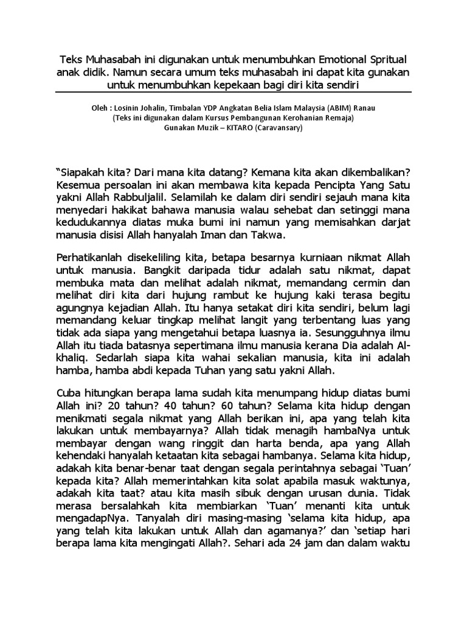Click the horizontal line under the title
(x=233, y=93)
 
